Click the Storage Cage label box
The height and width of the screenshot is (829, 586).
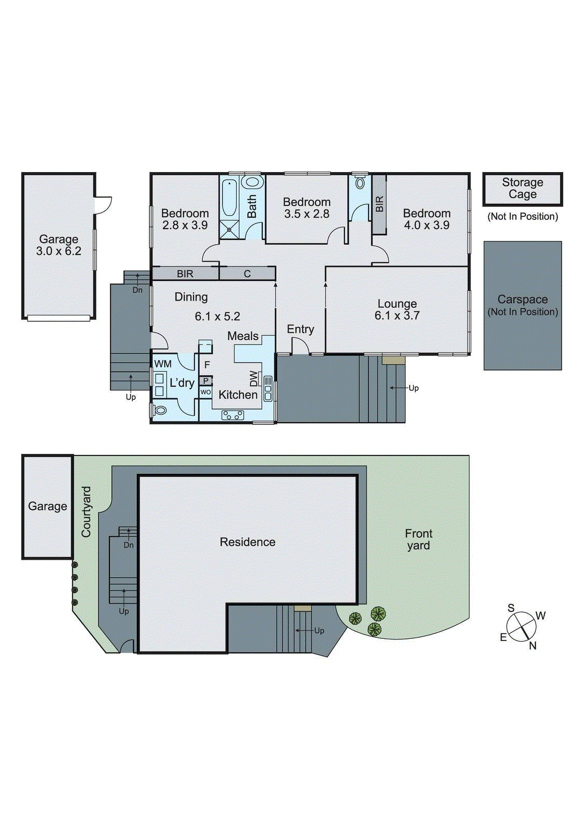click(522, 189)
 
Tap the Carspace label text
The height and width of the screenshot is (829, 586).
click(522, 299)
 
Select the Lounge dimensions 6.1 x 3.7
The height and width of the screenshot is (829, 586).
click(397, 316)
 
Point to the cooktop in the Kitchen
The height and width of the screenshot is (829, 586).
click(233, 414)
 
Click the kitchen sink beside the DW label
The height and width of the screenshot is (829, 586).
click(268, 389)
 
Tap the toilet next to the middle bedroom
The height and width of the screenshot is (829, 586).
click(360, 183)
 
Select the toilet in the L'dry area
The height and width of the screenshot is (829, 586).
click(160, 410)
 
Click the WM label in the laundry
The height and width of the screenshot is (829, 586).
click(163, 364)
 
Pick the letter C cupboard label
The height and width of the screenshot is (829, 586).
click(247, 274)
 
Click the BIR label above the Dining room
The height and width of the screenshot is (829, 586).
click(185, 274)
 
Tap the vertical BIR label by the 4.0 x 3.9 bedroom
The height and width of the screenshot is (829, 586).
click(379, 204)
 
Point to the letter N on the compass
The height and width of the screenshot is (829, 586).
click(533, 646)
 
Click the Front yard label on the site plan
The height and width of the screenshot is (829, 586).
click(418, 539)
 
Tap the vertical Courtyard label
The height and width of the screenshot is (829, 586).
click(86, 511)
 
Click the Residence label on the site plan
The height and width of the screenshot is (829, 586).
click(247, 542)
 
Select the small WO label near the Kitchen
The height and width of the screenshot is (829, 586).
click(206, 392)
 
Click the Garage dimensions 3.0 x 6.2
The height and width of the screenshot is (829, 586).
click(59, 251)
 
